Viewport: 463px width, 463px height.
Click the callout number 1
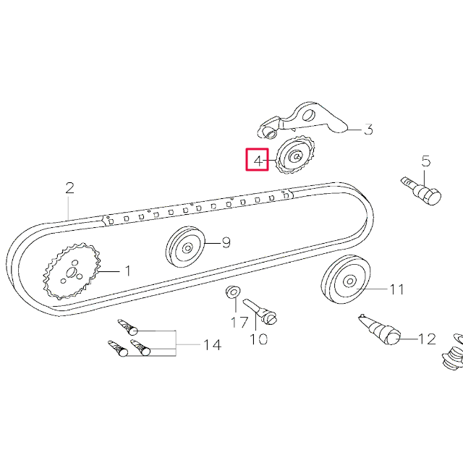click(x=127, y=271)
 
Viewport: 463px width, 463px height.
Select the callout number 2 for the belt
click(x=69, y=188)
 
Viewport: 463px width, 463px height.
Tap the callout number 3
click(x=368, y=130)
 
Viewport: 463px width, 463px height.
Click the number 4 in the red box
click(x=257, y=159)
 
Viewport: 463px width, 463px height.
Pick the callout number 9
click(x=226, y=243)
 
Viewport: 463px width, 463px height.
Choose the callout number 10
click(x=258, y=338)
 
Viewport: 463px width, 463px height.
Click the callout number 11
click(x=396, y=289)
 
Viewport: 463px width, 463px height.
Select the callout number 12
click(x=427, y=338)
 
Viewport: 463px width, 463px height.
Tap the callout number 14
click(x=211, y=345)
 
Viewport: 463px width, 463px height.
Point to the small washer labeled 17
click(x=233, y=292)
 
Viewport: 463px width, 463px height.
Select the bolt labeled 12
click(x=381, y=329)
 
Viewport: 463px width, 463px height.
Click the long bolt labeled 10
click(x=261, y=310)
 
